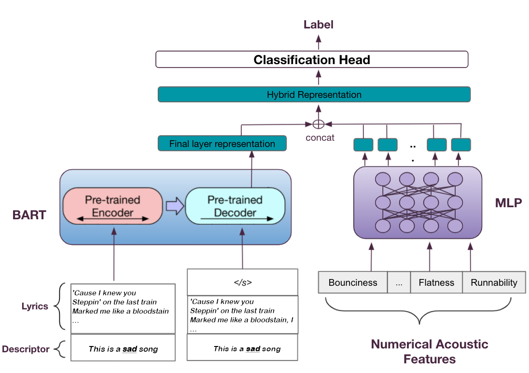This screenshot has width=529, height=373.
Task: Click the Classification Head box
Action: [312, 60]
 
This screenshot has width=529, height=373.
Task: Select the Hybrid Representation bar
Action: [314, 94]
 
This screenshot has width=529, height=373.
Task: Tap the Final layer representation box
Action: [222, 144]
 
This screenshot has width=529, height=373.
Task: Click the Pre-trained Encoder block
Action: [112, 205]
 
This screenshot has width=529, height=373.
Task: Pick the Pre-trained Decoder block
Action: [235, 206]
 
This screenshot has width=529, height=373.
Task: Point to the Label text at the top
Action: [318, 25]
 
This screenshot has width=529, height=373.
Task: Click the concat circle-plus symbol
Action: [318, 124]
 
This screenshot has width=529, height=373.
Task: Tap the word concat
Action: [320, 138]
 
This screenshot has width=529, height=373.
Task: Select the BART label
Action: [29, 215]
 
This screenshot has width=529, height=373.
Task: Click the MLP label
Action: [508, 203]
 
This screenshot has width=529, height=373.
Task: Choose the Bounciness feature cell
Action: [353, 283]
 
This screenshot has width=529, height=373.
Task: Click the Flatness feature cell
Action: [436, 283]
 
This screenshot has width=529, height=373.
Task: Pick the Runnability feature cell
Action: [493, 283]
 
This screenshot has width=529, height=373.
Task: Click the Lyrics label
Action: [35, 306]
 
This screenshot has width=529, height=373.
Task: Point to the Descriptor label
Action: [26, 349]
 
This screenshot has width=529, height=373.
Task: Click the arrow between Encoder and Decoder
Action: [173, 206]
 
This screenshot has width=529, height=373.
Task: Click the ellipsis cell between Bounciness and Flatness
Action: [399, 283]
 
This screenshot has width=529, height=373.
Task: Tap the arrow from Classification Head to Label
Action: [318, 42]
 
